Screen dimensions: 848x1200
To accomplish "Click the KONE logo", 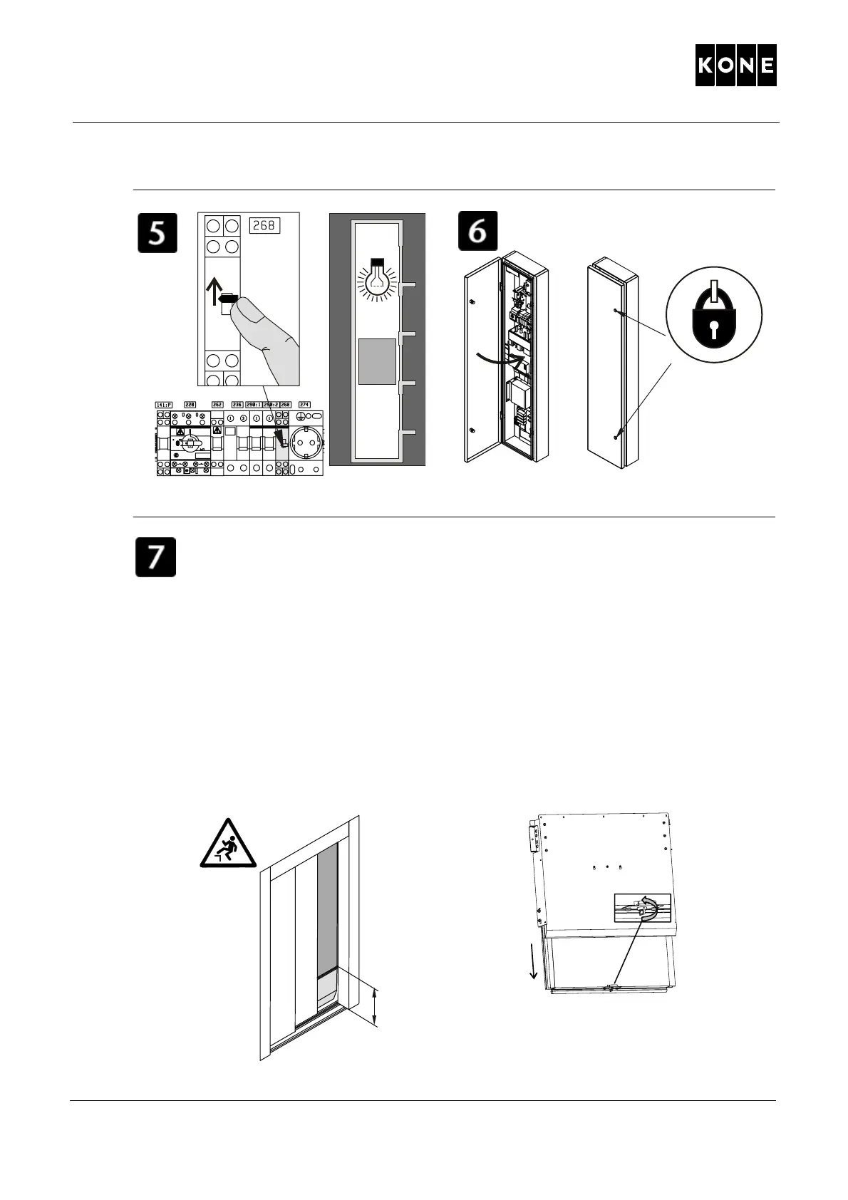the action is (735, 66).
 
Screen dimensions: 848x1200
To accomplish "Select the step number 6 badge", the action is (477, 230).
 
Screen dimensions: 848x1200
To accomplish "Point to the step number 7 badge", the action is (156, 557).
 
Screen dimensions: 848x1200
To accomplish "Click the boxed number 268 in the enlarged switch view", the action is (264, 226).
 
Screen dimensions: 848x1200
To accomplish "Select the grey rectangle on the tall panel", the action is (376, 361).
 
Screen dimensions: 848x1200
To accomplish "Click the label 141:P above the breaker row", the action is (164, 405).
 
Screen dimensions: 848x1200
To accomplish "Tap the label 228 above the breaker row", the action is (191, 405).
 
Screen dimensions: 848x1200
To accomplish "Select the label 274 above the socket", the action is (304, 405).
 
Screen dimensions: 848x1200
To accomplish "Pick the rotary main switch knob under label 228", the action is (187, 444).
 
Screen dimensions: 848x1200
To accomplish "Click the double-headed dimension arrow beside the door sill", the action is (376, 1007).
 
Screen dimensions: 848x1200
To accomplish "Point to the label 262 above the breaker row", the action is (217, 405).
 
